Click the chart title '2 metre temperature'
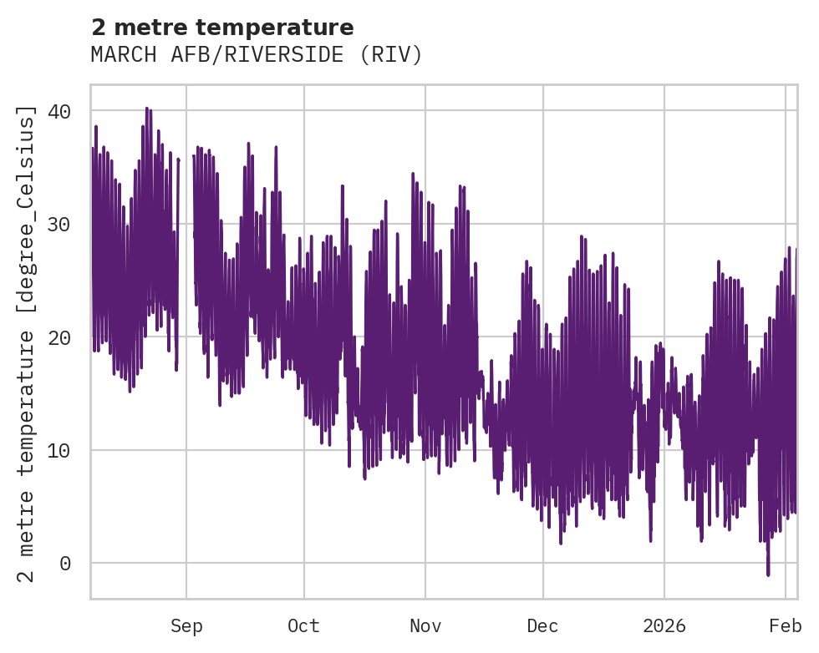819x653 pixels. [x=222, y=28]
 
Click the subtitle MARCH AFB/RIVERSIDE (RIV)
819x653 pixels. [x=257, y=55]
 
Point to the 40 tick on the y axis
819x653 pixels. [x=64, y=111]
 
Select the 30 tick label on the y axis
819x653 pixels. [x=64, y=225]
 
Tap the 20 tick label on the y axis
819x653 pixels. [x=64, y=337]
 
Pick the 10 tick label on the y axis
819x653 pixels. [x=64, y=450]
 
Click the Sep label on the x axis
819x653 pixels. [x=186, y=626]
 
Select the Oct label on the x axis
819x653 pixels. [x=303, y=626]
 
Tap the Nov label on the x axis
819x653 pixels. [x=425, y=626]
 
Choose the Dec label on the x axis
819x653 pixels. [x=543, y=626]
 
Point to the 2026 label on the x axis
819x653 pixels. [x=664, y=626]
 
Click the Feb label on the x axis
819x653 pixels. [x=786, y=626]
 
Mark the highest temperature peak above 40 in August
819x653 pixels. [x=146, y=108]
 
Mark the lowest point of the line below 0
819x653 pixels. [x=768, y=575]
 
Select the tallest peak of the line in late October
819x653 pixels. [x=413, y=174]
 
